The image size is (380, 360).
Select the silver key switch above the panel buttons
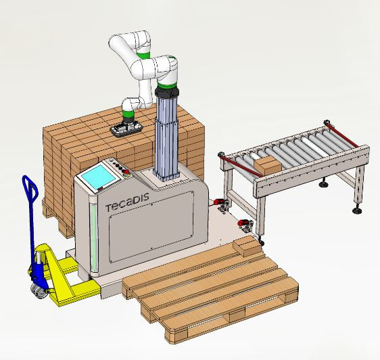(x=112, y=160)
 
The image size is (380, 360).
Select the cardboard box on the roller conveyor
(x=268, y=165)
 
